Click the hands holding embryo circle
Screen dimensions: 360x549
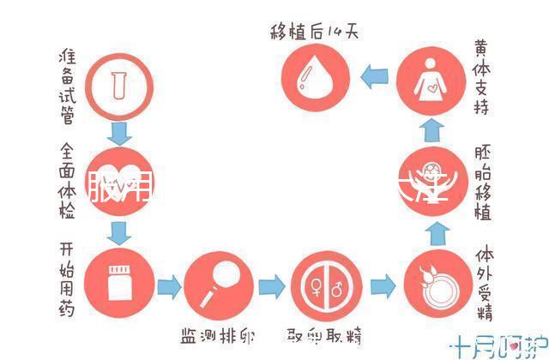(x=435, y=179)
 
